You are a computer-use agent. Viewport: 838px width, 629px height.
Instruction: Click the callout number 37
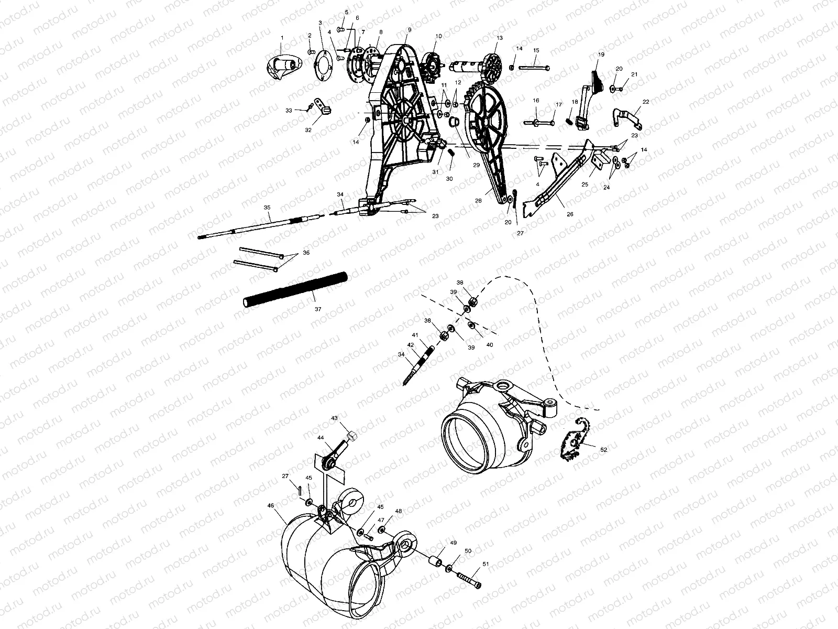click(318, 309)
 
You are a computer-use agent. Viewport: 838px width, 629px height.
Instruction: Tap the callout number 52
click(604, 450)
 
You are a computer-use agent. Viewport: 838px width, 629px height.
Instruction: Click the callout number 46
click(270, 505)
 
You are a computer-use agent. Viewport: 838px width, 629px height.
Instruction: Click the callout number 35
click(267, 208)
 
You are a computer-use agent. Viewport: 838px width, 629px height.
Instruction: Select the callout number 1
click(282, 38)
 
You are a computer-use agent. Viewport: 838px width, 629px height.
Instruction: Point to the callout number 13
click(500, 38)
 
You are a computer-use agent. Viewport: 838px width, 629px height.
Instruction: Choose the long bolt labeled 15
click(533, 68)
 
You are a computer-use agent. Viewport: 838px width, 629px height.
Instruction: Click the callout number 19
click(601, 55)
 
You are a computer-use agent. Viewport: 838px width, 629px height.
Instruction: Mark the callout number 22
click(645, 102)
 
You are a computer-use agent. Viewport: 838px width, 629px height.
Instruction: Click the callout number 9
click(409, 29)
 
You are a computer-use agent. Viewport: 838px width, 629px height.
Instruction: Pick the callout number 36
click(306, 253)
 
